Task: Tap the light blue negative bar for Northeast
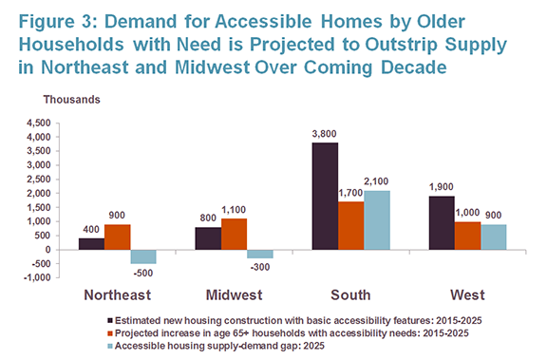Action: (143, 256)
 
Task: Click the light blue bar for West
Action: (493, 237)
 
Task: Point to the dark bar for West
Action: (441, 222)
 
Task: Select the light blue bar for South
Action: (376, 219)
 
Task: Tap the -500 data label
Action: (143, 272)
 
